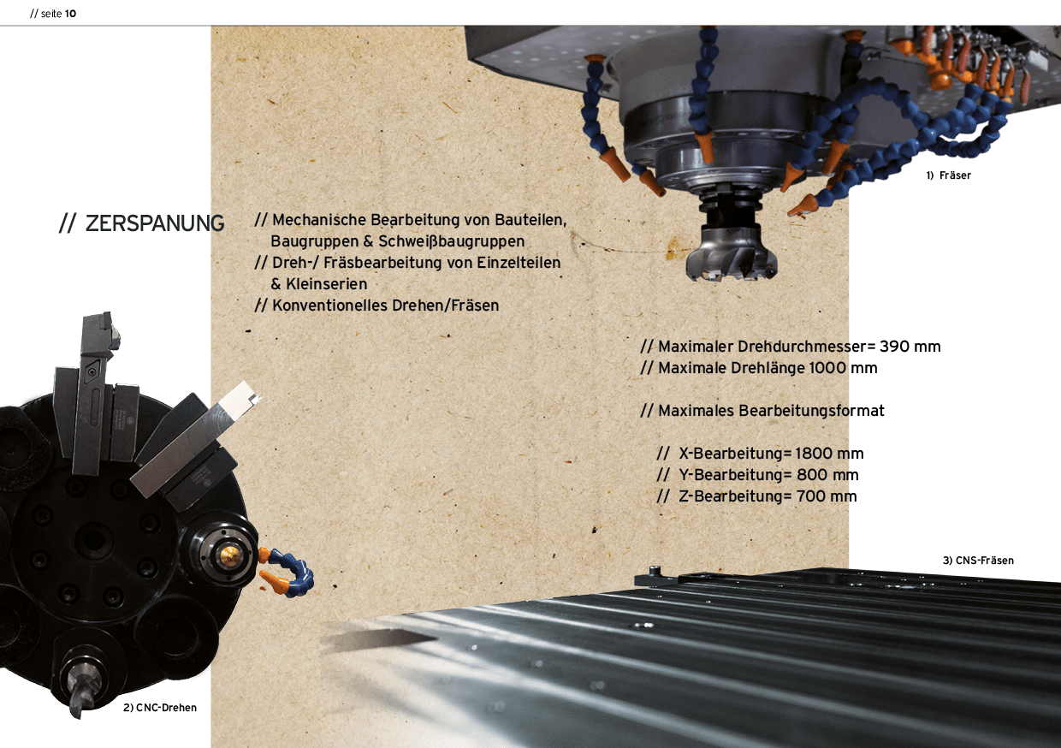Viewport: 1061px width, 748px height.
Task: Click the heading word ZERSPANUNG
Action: point(154,223)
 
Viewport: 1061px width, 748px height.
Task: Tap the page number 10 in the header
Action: point(70,14)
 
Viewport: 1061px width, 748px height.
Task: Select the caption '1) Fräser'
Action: point(948,175)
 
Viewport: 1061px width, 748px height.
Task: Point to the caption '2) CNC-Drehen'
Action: point(160,707)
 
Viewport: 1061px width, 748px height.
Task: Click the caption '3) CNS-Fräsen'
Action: point(978,561)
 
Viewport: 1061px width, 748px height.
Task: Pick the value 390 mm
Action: point(910,347)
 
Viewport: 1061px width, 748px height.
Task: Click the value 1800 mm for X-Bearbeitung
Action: point(829,454)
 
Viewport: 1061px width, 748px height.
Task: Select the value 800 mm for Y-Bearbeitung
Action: point(827,475)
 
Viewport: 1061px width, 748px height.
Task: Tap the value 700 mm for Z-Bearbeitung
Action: point(827,496)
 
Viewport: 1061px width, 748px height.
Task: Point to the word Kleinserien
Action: point(326,284)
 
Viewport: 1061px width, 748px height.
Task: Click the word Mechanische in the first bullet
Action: point(319,220)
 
